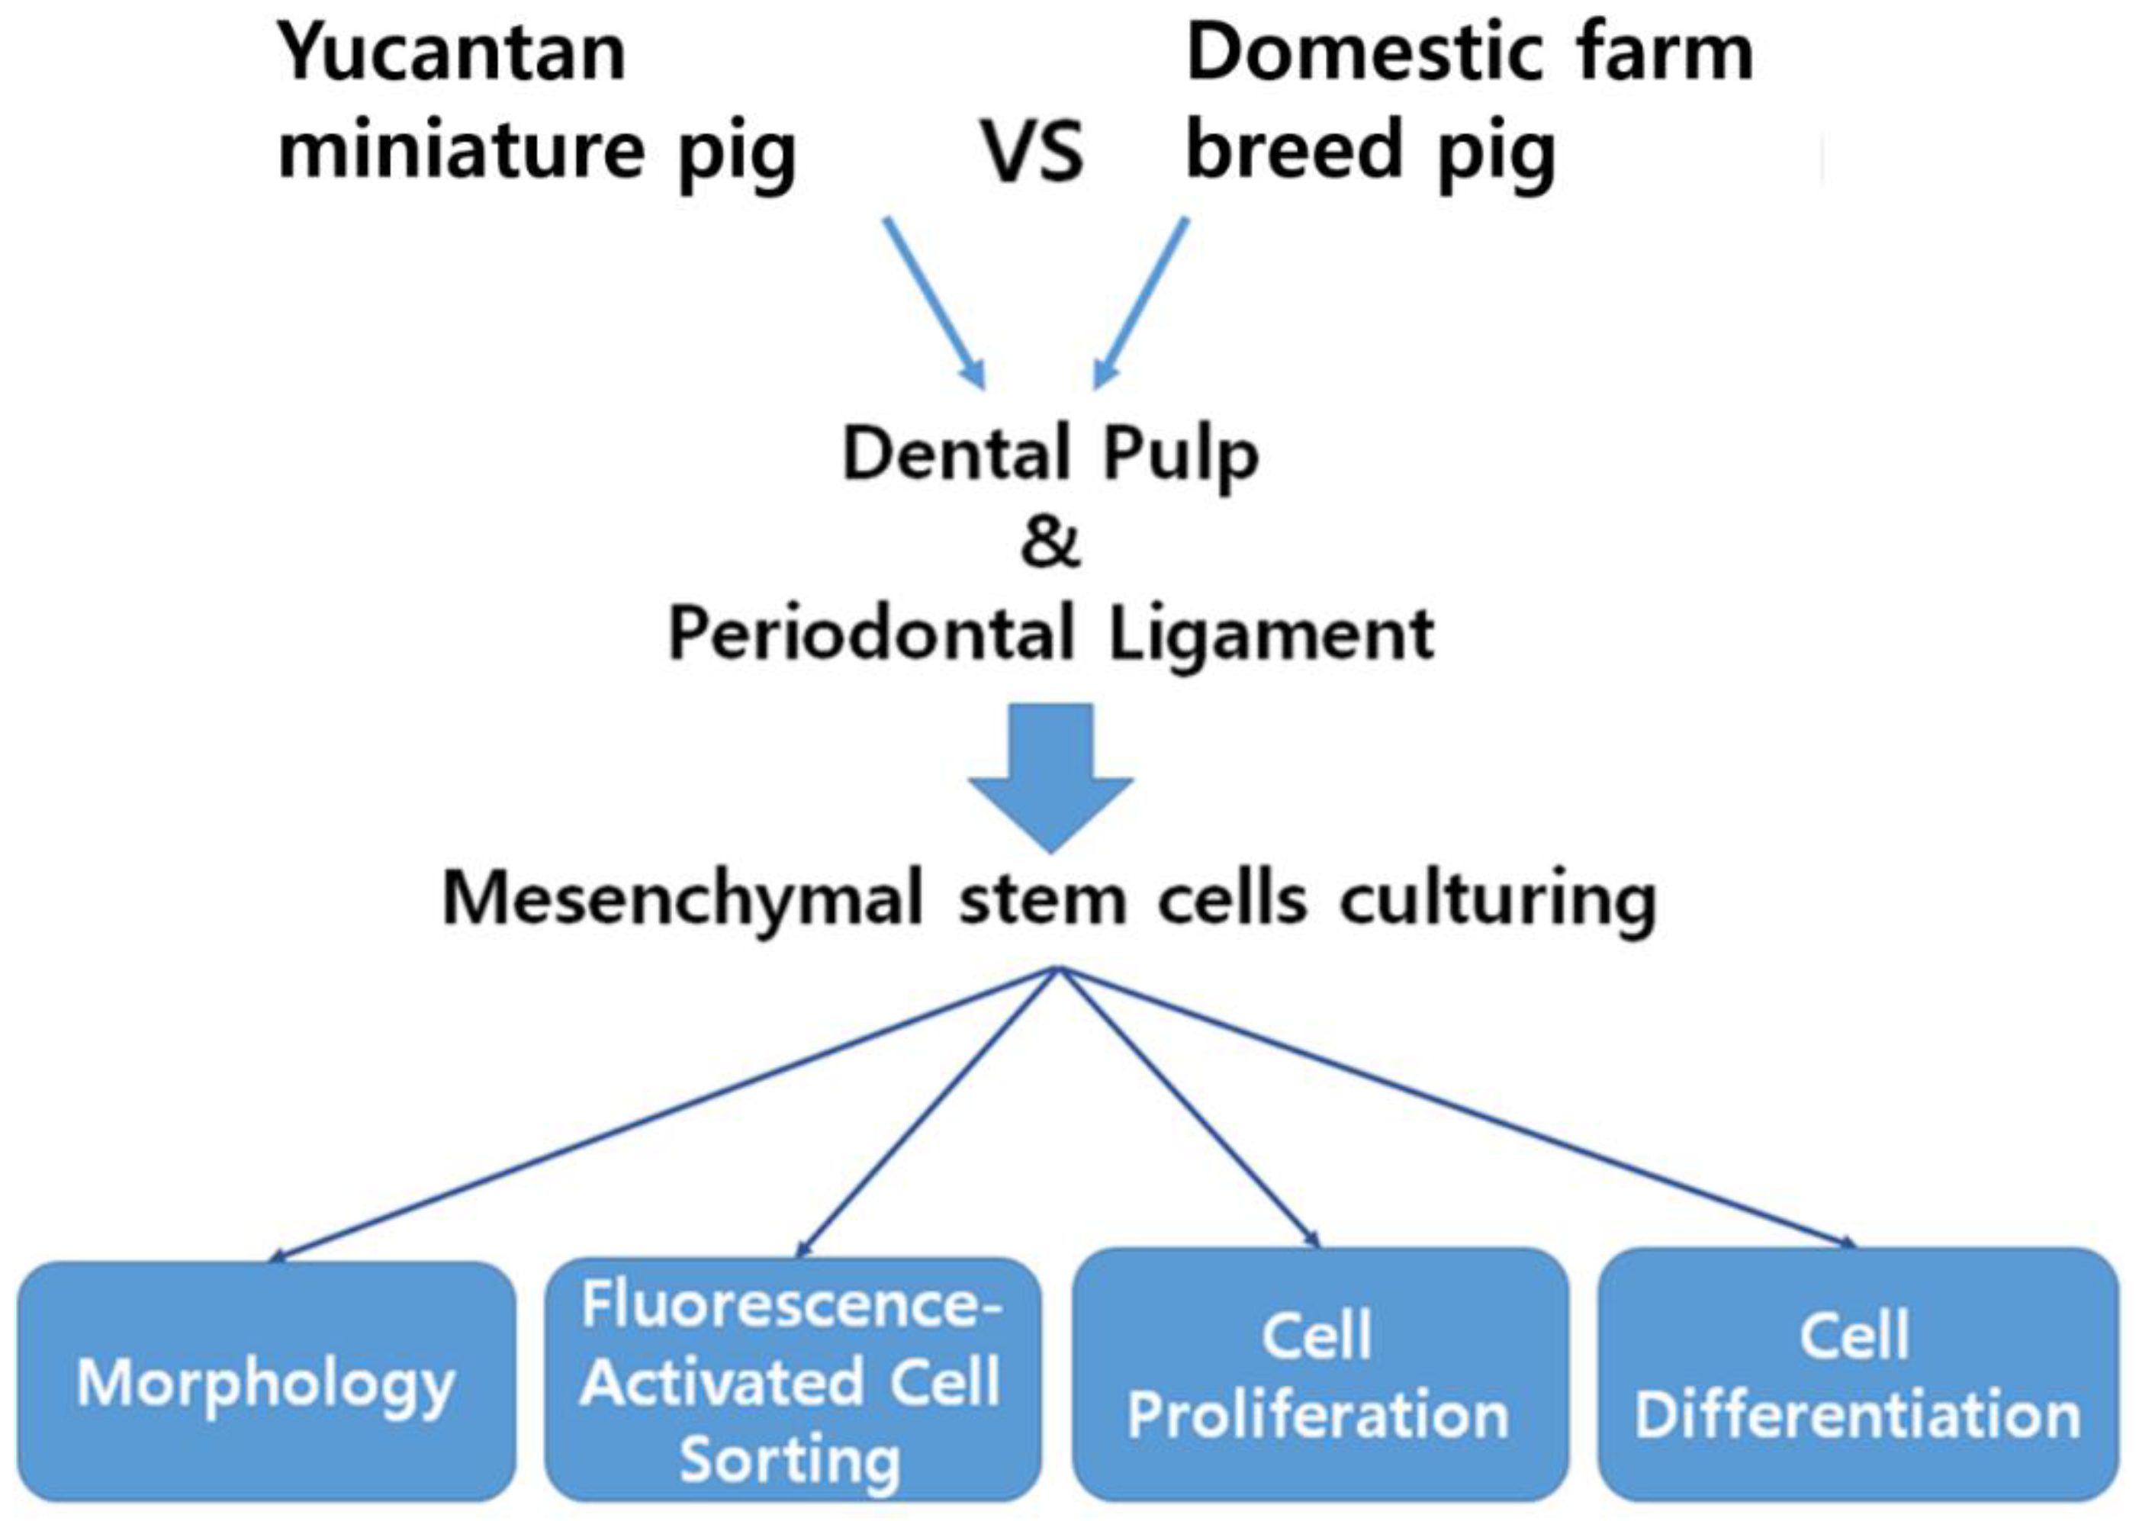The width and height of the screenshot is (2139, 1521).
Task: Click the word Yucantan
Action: click(452, 54)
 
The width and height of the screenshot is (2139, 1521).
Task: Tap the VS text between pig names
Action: click(1033, 153)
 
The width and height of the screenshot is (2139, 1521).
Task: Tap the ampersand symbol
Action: click(1050, 543)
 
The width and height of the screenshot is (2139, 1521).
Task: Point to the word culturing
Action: click(1497, 901)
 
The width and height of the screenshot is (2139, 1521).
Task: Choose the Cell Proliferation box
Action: click(1319, 1377)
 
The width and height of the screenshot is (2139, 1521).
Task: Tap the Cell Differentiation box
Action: click(1856, 1377)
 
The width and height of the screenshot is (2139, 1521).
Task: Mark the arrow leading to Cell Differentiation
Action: click(1461, 1110)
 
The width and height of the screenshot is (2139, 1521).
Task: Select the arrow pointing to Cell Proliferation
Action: click(1189, 1110)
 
